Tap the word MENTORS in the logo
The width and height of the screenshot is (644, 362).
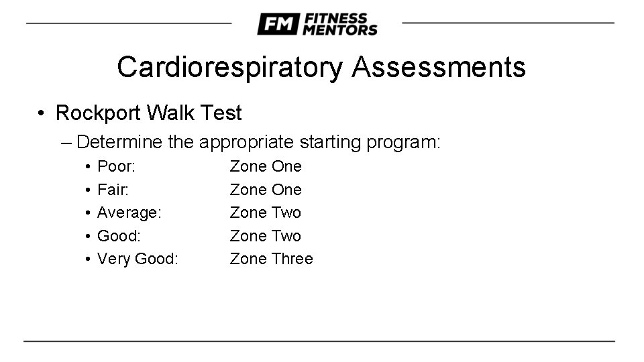coord(339,29)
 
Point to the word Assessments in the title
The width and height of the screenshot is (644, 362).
coord(438,67)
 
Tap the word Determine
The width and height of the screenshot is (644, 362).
coord(119,142)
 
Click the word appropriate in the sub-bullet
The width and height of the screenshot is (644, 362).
coord(246,142)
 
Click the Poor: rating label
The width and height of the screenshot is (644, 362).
coord(117,166)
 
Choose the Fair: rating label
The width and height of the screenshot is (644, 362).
coord(114,190)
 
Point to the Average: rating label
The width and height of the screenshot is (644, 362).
coord(129,213)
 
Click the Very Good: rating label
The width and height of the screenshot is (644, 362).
coord(138,259)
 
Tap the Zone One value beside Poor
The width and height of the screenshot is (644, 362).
coord(266,166)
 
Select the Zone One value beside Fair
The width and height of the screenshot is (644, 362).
coord(266,190)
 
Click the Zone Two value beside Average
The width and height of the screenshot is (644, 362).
coord(266,213)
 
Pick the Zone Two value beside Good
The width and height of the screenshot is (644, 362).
coord(266,236)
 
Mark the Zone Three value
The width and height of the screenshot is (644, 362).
coord(271,259)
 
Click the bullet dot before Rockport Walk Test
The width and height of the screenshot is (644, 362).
coord(42,113)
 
